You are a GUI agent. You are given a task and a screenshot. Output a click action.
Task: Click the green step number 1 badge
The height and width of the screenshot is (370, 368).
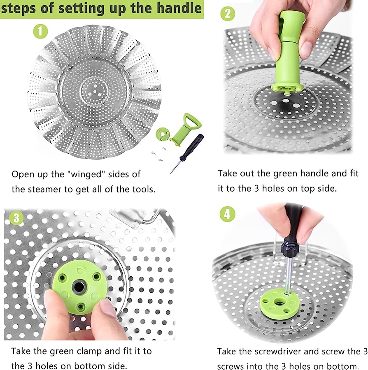point(40,31)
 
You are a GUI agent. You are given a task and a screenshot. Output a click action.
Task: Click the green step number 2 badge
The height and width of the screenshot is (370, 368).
point(228,14)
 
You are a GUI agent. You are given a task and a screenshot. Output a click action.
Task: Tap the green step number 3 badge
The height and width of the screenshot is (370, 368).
point(16,218)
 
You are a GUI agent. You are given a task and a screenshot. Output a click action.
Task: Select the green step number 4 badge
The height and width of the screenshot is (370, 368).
point(228,214)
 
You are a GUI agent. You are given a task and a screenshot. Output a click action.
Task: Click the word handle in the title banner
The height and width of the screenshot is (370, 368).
point(179,8)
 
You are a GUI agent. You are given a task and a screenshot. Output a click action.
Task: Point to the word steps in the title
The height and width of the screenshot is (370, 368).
point(19,9)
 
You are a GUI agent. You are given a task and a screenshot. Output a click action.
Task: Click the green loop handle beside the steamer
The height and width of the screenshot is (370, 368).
point(186,129)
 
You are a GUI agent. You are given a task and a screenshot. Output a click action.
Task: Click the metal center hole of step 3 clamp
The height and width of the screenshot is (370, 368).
point(79,287)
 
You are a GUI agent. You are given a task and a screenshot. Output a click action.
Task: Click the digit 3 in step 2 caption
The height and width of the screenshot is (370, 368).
point(256,188)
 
